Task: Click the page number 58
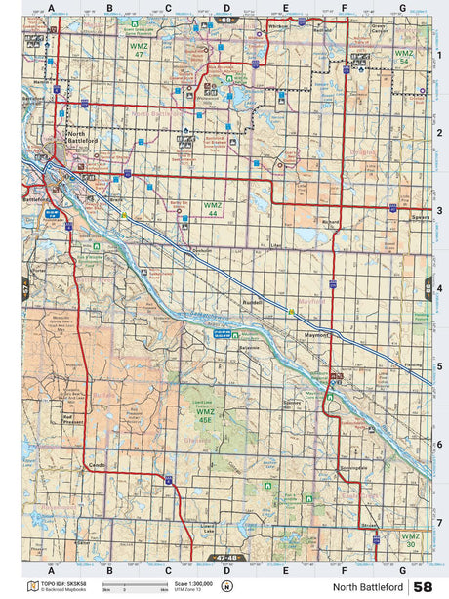[x=424, y=587]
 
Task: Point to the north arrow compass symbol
[x=227, y=587]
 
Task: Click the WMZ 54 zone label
[x=404, y=56]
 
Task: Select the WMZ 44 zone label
[x=213, y=208]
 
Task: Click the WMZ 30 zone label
[x=411, y=539]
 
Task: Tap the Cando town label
[x=95, y=465]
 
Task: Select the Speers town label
[x=420, y=218]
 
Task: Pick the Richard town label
[x=331, y=222]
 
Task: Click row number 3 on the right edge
[x=440, y=209]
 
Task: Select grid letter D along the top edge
[x=226, y=7]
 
